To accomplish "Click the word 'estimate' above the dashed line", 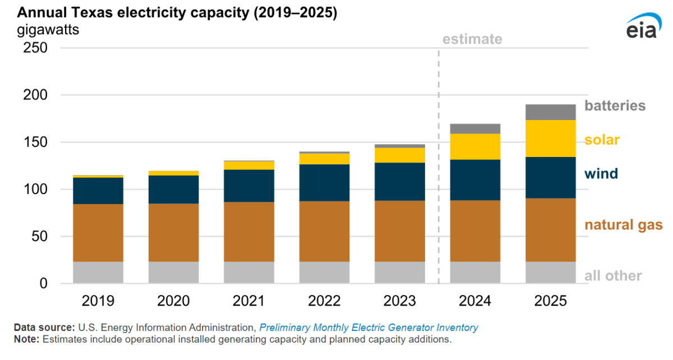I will pos(472,39).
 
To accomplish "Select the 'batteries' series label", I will pos(615,105).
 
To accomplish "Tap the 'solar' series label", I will pos(602,140).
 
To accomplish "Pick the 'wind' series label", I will pos(601,174).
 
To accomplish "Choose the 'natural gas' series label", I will pos(623,225).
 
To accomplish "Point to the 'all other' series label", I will pos(613,276).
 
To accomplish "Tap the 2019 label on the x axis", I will pos(98,301).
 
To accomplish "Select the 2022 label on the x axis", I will pos(324,301).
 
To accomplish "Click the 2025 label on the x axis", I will pos(550,301).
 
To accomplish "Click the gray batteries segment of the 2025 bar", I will pos(550,112).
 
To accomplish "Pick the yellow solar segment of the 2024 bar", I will pos(475,146).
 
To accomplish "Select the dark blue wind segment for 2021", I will pos(249,186).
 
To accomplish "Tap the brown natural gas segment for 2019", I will pos(98,233).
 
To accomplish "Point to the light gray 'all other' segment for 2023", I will pos(399,273).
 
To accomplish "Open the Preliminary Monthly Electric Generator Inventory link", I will pos(368,327).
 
